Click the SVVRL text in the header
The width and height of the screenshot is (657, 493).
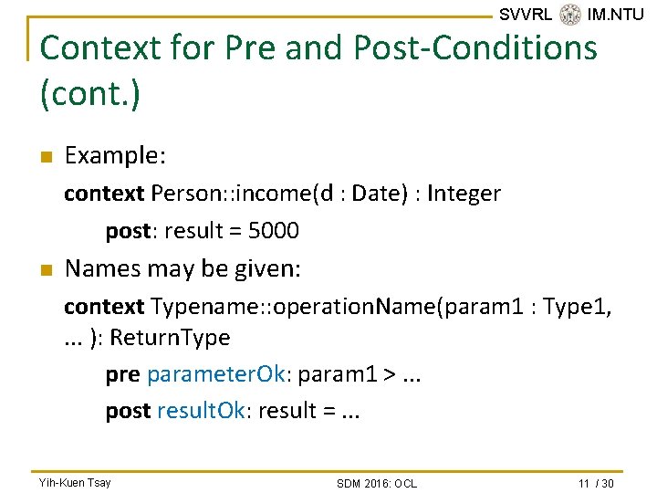(x=526, y=15)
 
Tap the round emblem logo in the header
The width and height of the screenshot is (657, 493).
(x=570, y=15)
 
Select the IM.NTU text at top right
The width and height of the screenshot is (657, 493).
(x=616, y=15)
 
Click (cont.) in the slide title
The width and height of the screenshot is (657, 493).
(x=90, y=94)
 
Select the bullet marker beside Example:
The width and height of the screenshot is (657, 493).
(x=46, y=157)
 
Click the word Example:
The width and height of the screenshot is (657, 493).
(x=115, y=156)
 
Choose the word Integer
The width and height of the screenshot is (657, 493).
(x=464, y=194)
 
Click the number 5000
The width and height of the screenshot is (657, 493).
(x=273, y=231)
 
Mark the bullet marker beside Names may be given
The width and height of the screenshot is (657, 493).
(x=46, y=270)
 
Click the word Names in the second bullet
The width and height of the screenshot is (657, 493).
(x=99, y=269)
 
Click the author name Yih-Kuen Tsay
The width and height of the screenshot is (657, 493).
(x=74, y=482)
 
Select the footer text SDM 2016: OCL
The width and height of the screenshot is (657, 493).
(x=376, y=483)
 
